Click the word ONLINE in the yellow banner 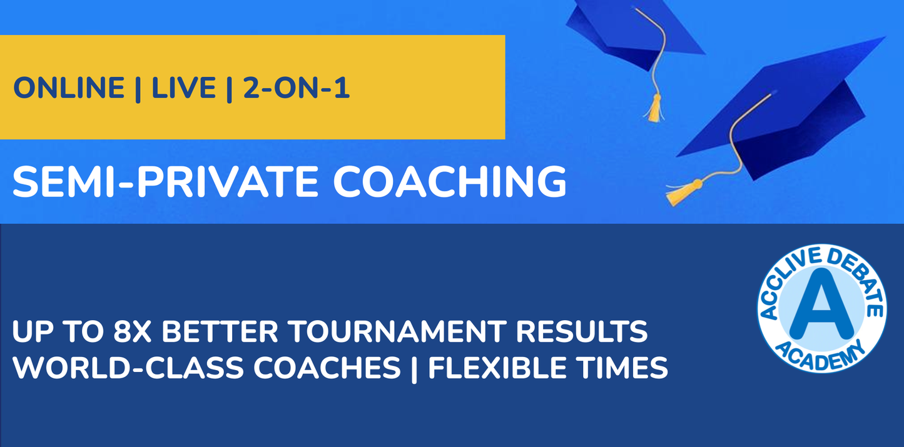pyautogui.click(x=69, y=88)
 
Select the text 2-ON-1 pyautogui.click(x=296, y=88)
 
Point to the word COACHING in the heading pyautogui.click(x=449, y=181)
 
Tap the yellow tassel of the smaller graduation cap pyautogui.click(x=655, y=110)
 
